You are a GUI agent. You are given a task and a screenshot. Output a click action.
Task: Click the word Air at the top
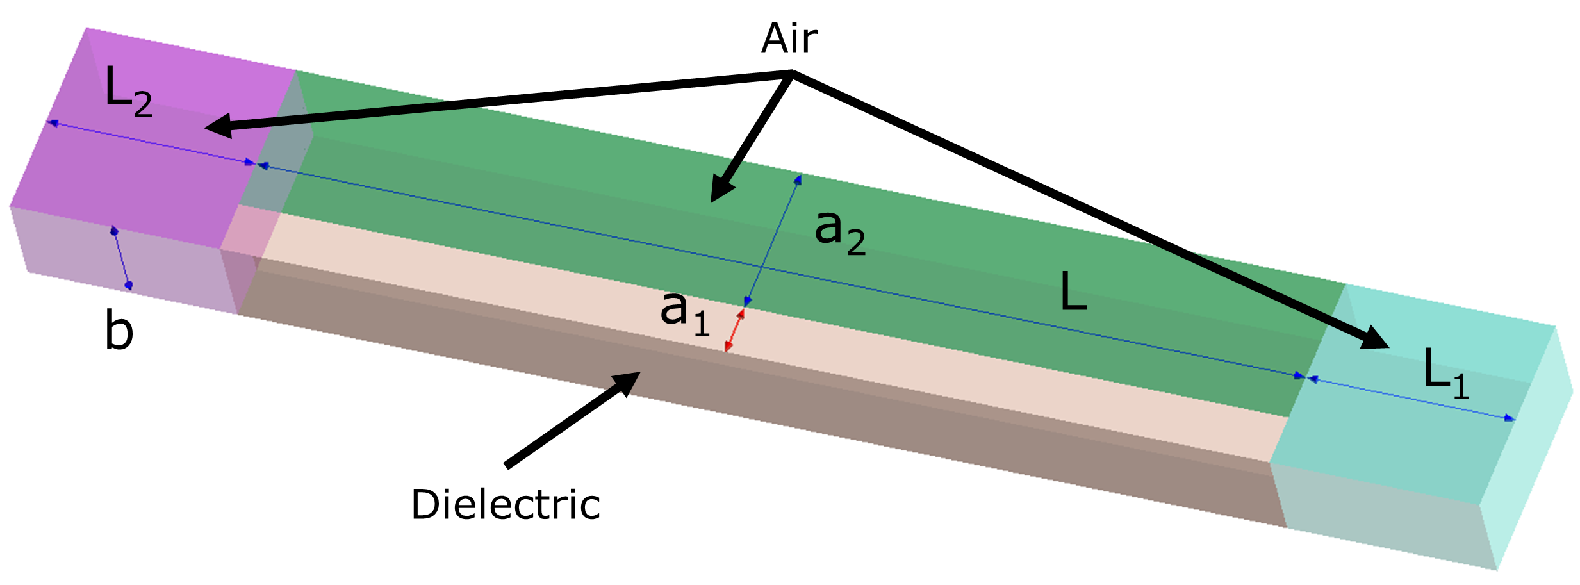coord(789,39)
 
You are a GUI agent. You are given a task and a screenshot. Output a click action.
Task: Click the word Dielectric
coord(506,505)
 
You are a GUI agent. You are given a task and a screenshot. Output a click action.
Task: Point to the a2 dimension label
coord(839,233)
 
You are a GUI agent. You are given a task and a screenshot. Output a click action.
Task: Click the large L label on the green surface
coord(1074,292)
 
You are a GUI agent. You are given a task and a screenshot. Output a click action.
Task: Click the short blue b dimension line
coord(121,258)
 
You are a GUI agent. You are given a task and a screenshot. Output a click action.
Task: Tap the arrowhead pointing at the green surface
coord(721,192)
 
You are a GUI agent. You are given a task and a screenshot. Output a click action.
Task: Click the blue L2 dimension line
coord(151,142)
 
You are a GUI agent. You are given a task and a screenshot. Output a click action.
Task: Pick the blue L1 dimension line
coord(1410,399)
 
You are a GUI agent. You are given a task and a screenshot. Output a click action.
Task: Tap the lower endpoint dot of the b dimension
coord(129,285)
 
